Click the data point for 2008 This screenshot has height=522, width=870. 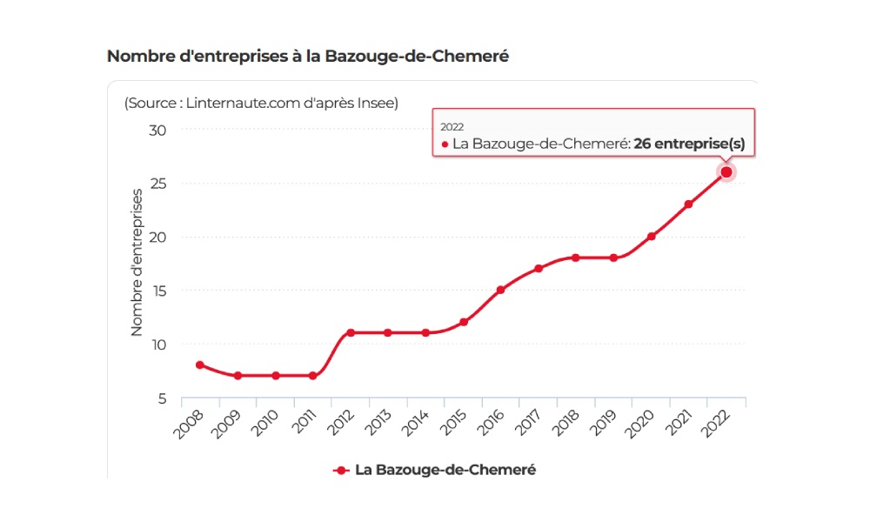point(200,365)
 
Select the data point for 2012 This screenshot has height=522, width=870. point(351,332)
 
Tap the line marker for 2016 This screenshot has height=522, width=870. point(500,290)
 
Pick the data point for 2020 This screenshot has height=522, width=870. point(651,237)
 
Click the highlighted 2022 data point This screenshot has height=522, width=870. point(726,172)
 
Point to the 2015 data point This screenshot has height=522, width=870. point(463,322)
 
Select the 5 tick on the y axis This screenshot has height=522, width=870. point(161,398)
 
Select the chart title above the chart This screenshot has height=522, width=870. point(307,56)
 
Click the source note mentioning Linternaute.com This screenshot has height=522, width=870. point(261,103)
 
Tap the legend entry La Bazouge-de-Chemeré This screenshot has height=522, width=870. point(445,470)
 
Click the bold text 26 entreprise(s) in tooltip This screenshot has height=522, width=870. point(689,144)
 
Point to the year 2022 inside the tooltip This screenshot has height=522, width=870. point(452,126)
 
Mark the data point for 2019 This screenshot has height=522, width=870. point(613,258)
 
